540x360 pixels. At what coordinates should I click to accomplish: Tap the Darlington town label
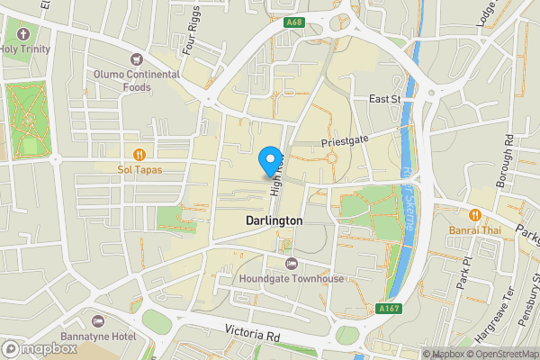(x=274, y=220)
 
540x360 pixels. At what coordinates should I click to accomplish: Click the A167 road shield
(x=389, y=309)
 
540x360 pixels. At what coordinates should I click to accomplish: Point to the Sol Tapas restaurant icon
(x=139, y=153)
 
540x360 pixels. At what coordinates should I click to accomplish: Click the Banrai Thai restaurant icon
(x=474, y=214)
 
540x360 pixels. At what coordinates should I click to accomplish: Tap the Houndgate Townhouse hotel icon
(x=291, y=263)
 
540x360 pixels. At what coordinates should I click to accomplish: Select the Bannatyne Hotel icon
(x=98, y=321)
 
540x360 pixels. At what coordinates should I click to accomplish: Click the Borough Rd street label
(x=508, y=156)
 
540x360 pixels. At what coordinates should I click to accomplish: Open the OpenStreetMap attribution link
(x=499, y=354)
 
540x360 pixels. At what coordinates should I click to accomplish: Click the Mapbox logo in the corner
(x=37, y=347)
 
